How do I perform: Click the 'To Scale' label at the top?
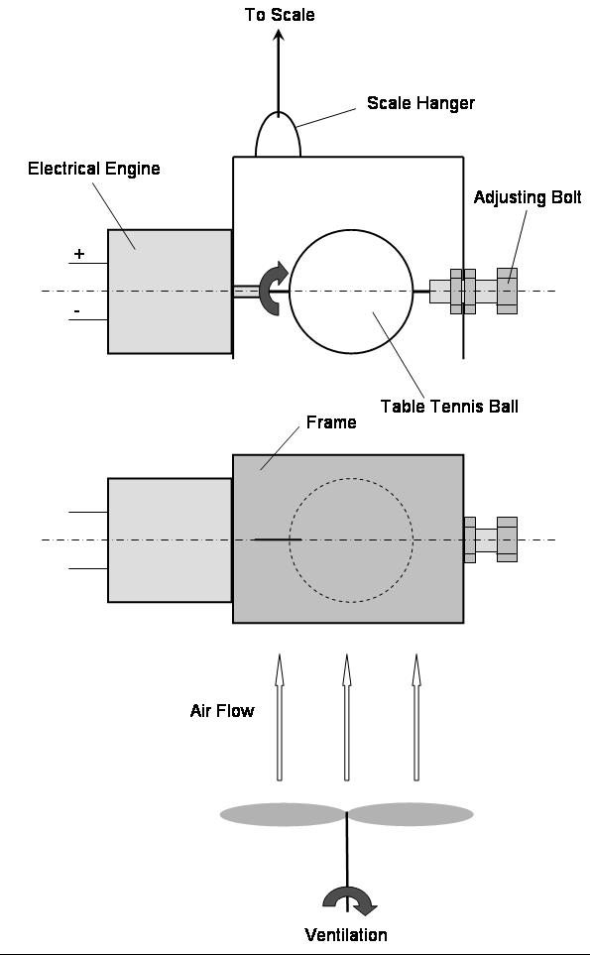click(x=280, y=15)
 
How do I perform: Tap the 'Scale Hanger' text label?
click(x=420, y=103)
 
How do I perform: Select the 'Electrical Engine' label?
click(x=94, y=169)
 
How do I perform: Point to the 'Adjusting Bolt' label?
click(x=528, y=197)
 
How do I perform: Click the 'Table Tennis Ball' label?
click(x=449, y=407)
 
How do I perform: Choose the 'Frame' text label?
click(x=331, y=422)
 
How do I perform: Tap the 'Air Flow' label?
click(x=222, y=711)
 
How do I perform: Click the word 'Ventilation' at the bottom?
click(x=346, y=935)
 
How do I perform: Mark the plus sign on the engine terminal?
click(x=79, y=253)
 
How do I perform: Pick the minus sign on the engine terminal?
click(x=77, y=311)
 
